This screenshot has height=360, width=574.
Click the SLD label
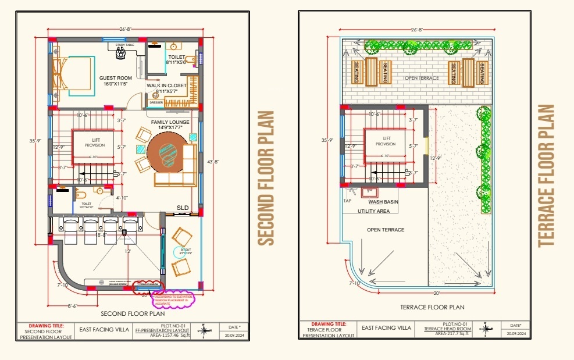(183, 207)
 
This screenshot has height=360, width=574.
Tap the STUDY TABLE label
(125, 45)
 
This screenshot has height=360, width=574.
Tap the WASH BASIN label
(383, 202)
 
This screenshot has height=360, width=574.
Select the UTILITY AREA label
(373, 211)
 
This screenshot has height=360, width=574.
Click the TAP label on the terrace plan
(348, 201)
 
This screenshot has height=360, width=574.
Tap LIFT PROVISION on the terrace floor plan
(385, 141)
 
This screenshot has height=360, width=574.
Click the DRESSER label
(156, 102)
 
